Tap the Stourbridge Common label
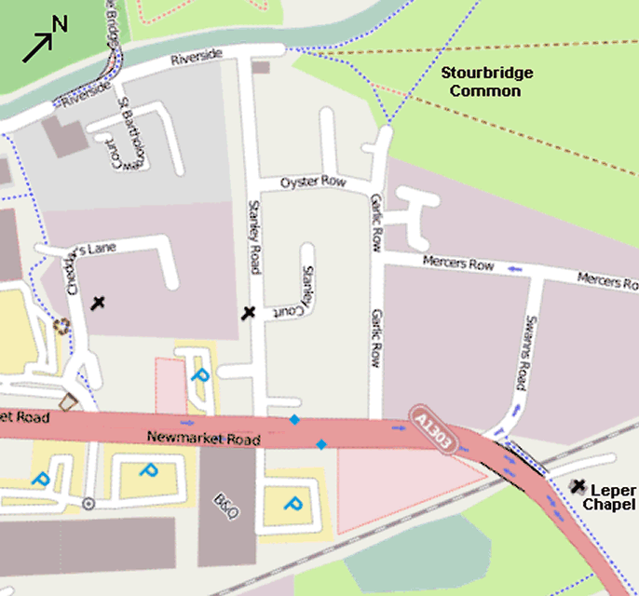click(x=480, y=82)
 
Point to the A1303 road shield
click(x=434, y=429)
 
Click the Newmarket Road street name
click(x=202, y=438)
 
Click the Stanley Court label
click(x=301, y=290)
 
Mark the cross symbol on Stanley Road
click(x=248, y=313)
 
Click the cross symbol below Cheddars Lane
click(x=97, y=303)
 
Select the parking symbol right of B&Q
click(x=292, y=506)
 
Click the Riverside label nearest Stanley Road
click(x=196, y=58)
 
